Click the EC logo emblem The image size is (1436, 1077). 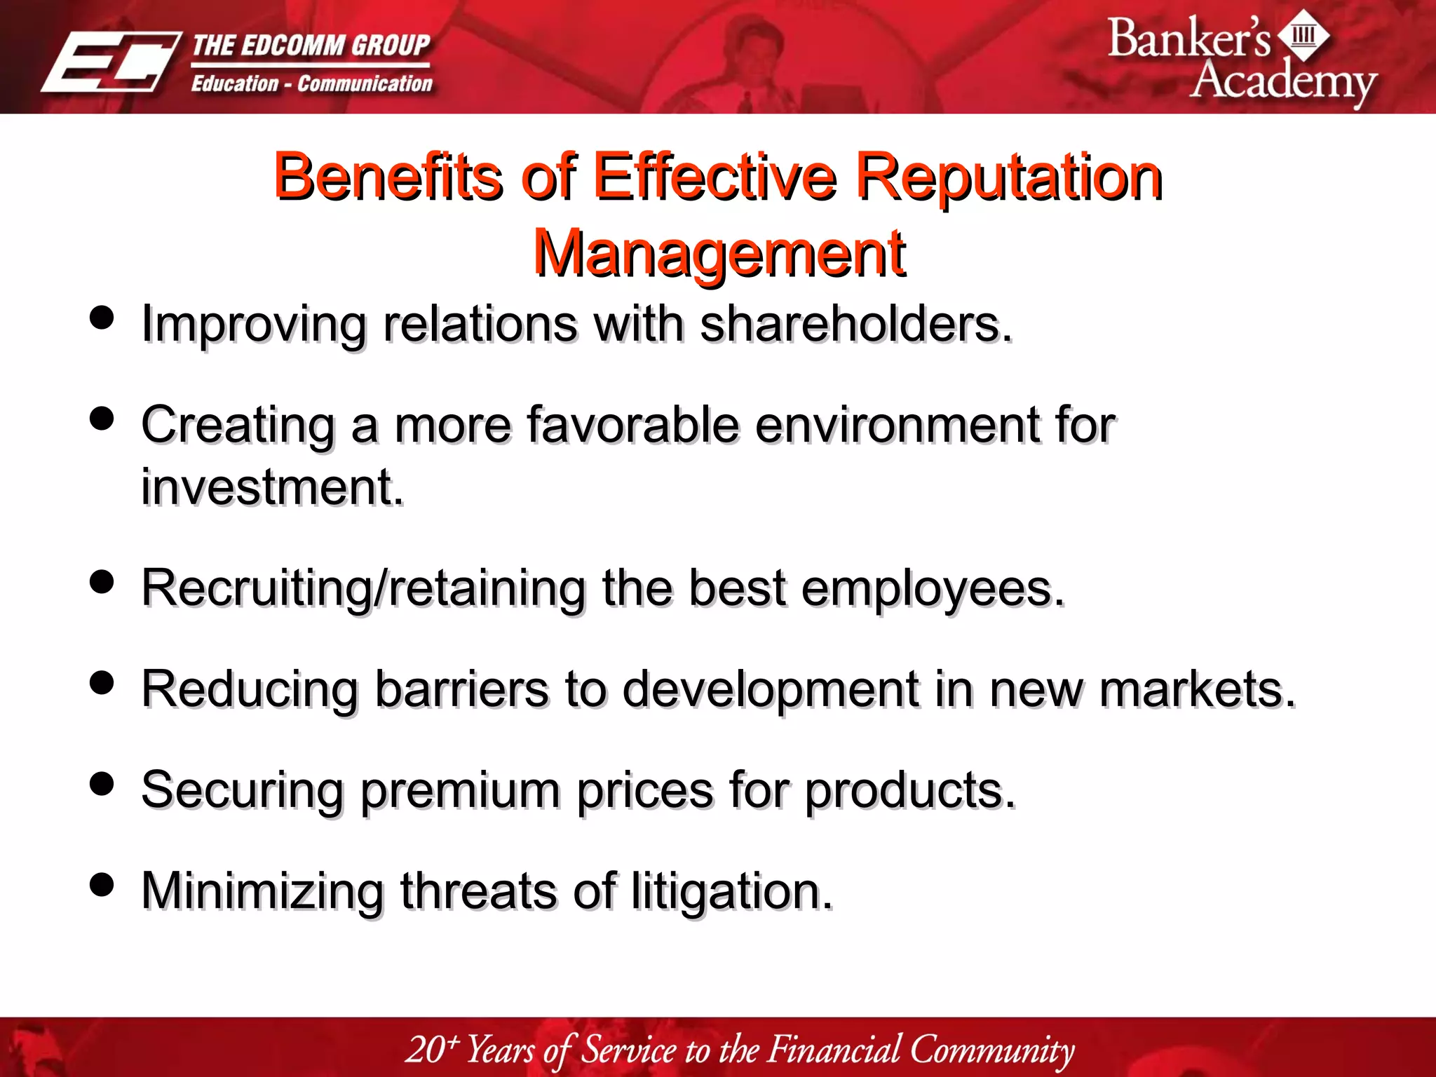pyautogui.click(x=111, y=62)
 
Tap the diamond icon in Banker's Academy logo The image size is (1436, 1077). pyautogui.click(x=1303, y=35)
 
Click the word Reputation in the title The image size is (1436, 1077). pyautogui.click(x=1009, y=177)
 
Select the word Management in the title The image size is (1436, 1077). pyautogui.click(x=719, y=253)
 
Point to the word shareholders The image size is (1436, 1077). pyautogui.click(x=856, y=325)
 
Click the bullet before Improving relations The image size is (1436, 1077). pyautogui.click(x=102, y=318)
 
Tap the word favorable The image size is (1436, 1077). pyautogui.click(x=633, y=425)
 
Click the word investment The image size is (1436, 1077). pyautogui.click(x=272, y=487)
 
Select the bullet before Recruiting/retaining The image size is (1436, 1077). pyautogui.click(x=102, y=581)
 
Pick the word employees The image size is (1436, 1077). pyautogui.click(x=933, y=588)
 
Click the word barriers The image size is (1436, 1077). pyautogui.click(x=461, y=689)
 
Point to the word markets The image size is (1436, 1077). pyautogui.click(x=1197, y=689)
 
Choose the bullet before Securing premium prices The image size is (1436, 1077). pyautogui.click(x=102, y=783)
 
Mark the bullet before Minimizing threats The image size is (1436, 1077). pyautogui.click(x=102, y=884)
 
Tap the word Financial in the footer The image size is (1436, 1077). pyautogui.click(x=834, y=1050)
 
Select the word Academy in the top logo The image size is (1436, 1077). pyautogui.click(x=1283, y=81)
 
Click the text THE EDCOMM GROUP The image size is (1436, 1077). pyautogui.click(x=311, y=46)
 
